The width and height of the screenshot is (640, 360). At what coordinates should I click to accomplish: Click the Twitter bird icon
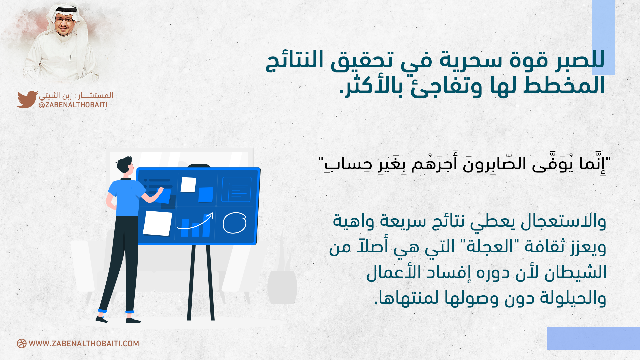tap(27, 99)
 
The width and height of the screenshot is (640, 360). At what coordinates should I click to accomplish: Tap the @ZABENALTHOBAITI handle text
tap(73, 105)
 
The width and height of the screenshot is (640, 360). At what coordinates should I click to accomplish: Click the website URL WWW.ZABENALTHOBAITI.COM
tap(84, 344)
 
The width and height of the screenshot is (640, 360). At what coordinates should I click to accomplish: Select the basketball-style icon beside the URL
tap(22, 344)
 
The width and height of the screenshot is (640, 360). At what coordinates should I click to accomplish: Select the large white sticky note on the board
tap(157, 223)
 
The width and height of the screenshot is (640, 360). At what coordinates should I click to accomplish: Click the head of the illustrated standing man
tap(125, 165)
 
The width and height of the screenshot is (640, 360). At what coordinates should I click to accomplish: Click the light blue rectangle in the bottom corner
tap(593, 339)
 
